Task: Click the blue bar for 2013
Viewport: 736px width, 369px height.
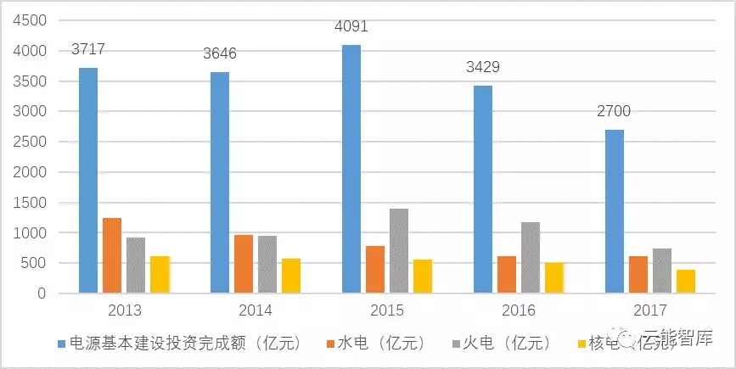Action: click(87, 181)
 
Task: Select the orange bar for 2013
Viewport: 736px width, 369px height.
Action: click(112, 255)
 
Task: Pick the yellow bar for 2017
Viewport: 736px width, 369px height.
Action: click(686, 282)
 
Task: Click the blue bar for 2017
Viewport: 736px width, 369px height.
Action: click(614, 211)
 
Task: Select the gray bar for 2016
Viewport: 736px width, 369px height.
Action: click(531, 258)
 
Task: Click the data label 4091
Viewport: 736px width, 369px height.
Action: click(351, 27)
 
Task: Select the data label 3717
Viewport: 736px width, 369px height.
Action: click(87, 50)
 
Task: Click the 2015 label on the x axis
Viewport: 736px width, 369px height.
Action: click(387, 310)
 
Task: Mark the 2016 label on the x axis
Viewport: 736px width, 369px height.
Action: click(519, 310)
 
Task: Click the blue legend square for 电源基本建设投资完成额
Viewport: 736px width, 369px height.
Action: click(61, 344)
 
